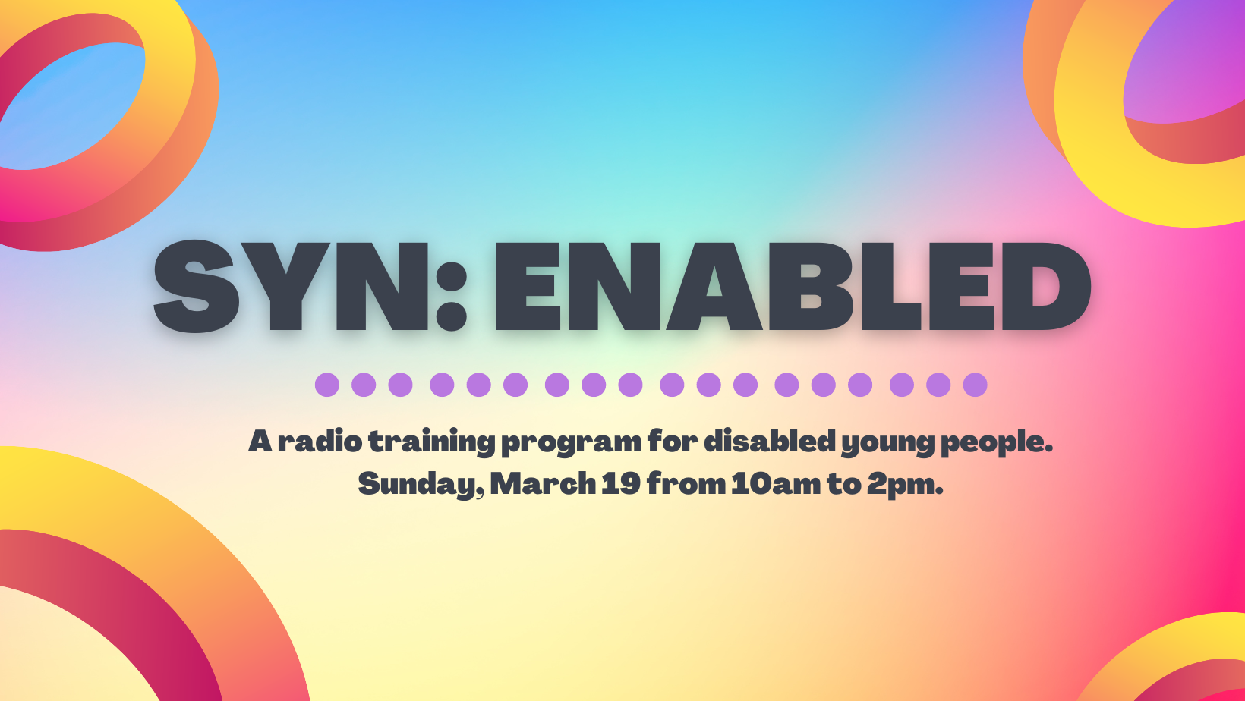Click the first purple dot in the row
(x=326, y=385)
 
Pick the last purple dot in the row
(x=975, y=385)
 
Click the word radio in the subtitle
(x=320, y=441)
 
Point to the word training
(x=431, y=443)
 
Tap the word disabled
(x=770, y=441)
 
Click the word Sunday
(x=421, y=484)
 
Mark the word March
(x=543, y=483)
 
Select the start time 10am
(x=776, y=483)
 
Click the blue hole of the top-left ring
(x=67, y=105)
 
